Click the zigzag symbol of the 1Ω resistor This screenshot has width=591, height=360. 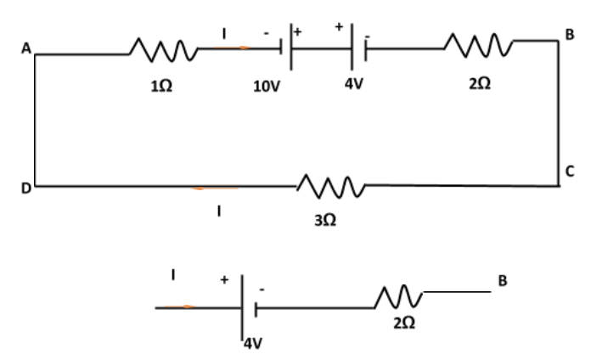click(x=163, y=53)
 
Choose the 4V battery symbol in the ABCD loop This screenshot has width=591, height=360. click(x=357, y=48)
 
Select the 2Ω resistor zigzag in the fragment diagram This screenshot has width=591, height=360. click(x=400, y=296)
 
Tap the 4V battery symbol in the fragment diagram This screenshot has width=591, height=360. click(x=248, y=307)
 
